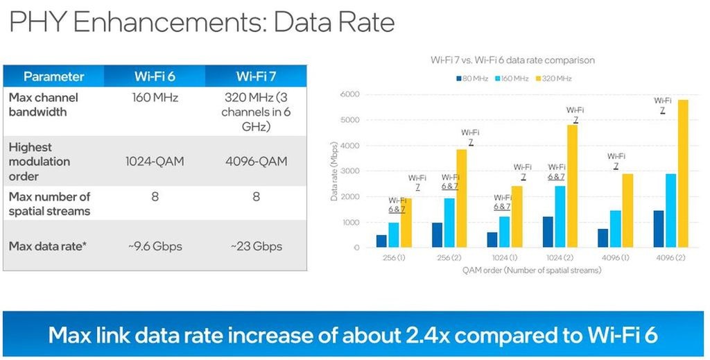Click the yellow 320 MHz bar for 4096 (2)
click(683, 173)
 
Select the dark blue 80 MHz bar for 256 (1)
click(381, 241)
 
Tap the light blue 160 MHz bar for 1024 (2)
click(560, 216)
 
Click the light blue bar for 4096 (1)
click(614, 229)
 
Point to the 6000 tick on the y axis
click(352, 94)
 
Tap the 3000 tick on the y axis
click(352, 171)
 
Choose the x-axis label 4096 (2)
click(670, 258)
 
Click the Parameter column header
click(53, 76)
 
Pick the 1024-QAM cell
click(155, 162)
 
